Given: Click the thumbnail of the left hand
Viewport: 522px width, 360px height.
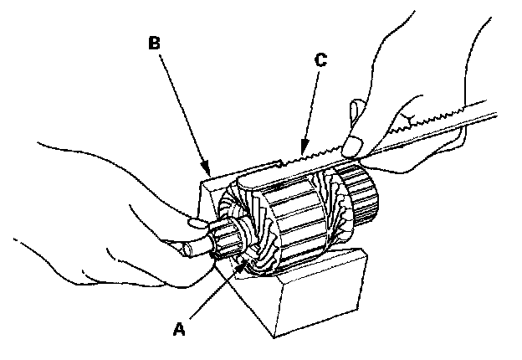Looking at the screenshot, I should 195,223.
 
